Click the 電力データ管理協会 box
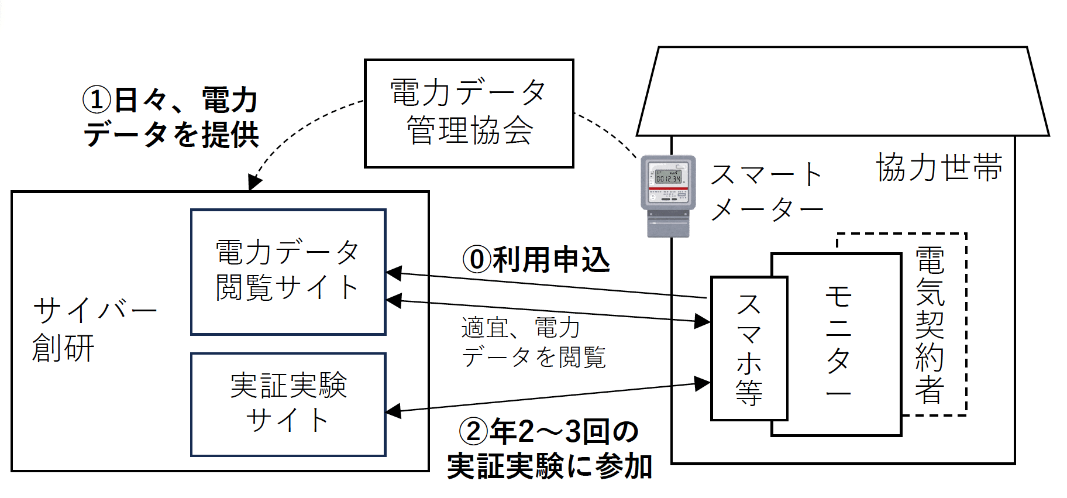469,113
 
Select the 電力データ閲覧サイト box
288,272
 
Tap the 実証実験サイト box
288,404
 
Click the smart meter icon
668,195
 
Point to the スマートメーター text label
767,192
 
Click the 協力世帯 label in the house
939,168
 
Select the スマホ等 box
749,348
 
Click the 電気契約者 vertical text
930,325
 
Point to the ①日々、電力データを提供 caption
171,117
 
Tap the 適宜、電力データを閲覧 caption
533,343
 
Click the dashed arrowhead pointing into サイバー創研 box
254,183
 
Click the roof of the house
842,91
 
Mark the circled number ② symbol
473,432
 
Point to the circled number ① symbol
97,100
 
